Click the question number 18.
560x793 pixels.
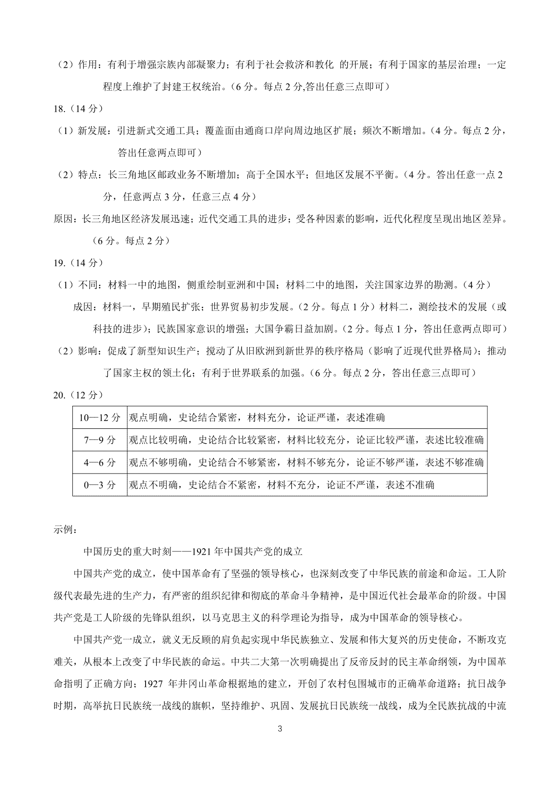click(60, 108)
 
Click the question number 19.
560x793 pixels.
click(60, 263)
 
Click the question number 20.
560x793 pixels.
click(60, 395)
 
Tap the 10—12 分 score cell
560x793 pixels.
click(99, 418)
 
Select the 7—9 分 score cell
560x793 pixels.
click(99, 440)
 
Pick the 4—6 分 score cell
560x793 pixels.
click(99, 462)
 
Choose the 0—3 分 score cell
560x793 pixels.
click(99, 485)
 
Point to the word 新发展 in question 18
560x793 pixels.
click(91, 131)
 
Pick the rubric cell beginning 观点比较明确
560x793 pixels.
click(306, 440)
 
